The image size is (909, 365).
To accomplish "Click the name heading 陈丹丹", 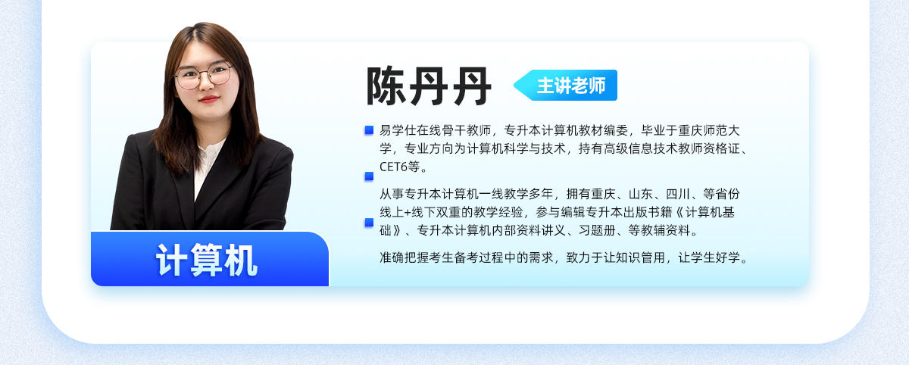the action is coord(429,86).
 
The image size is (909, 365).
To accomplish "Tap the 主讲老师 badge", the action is coord(566,85).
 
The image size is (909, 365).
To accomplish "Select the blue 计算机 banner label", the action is coord(207,260).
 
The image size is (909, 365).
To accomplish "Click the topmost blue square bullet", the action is coord(369,130).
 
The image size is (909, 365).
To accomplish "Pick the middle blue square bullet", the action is coord(369,176).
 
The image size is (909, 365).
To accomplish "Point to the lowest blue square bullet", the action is coord(369,222).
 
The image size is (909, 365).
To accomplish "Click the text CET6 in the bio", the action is coord(393,167).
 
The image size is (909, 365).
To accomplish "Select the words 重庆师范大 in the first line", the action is coord(709,130).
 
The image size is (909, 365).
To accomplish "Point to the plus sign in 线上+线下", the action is coord(408,213).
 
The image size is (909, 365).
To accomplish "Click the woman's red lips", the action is coord(209,99).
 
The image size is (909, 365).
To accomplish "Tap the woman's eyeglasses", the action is coord(203,76).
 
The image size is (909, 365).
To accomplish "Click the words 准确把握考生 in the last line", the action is coord(417,257).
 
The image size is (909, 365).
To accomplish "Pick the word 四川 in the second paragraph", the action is coord(678,194).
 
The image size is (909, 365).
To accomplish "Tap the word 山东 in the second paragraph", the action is coord(640,194).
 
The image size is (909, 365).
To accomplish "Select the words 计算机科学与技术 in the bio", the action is coord(516,148).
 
